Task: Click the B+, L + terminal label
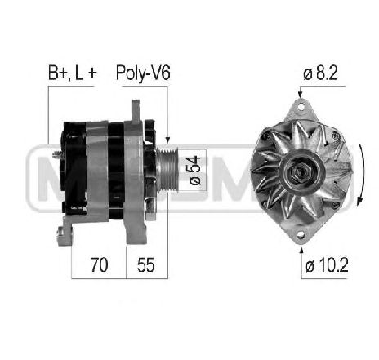[72, 73]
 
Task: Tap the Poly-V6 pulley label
[143, 73]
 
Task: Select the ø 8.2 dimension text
[320, 73]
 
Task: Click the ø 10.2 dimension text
[327, 264]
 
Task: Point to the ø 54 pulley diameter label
[195, 171]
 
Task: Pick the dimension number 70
[99, 264]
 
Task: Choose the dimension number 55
[146, 264]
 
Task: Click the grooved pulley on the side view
[167, 170]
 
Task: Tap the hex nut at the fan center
[301, 171]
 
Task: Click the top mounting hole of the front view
[301, 106]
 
